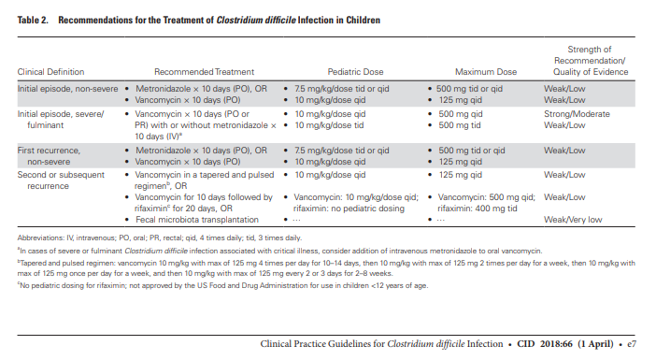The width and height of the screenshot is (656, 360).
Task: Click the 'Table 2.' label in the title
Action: click(x=33, y=20)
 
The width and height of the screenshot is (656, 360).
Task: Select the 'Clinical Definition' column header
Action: click(x=50, y=72)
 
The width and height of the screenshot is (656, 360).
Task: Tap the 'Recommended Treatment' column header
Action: click(x=204, y=72)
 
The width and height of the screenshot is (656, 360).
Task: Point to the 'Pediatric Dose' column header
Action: click(x=355, y=72)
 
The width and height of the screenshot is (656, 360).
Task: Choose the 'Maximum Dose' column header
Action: click(x=486, y=72)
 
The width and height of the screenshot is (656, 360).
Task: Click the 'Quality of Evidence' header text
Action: click(x=591, y=72)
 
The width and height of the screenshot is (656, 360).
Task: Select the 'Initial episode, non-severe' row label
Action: click(x=68, y=89)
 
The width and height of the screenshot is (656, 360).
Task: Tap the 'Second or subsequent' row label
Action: click(x=61, y=175)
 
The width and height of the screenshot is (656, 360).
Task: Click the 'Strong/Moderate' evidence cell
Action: click(x=577, y=114)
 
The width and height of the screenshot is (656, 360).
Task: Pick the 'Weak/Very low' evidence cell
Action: click(x=573, y=220)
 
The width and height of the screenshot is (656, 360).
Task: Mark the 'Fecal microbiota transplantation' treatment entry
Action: click(x=196, y=220)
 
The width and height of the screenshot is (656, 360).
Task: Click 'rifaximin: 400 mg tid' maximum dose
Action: click(x=478, y=209)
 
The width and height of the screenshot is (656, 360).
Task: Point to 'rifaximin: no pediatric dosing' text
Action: click(x=349, y=209)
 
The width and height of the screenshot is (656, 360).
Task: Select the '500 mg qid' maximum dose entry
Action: click(x=461, y=114)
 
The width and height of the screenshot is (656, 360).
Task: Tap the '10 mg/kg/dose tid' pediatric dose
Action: click(x=329, y=125)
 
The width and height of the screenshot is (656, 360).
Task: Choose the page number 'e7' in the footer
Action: click(x=632, y=344)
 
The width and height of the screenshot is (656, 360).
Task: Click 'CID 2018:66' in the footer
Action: click(x=545, y=344)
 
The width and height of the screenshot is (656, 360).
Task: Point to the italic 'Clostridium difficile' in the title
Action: click(x=256, y=20)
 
